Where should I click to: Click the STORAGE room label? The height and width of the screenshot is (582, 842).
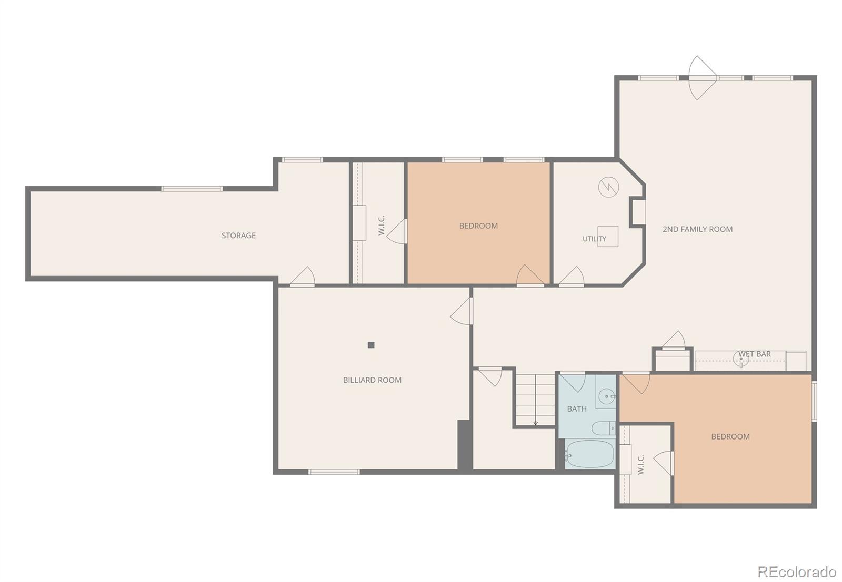coord(238,236)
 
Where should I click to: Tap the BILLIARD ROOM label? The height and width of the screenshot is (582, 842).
coord(372,380)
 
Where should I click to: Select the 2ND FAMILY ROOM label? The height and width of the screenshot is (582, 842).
coord(697,229)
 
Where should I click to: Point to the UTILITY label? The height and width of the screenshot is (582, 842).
coord(594,239)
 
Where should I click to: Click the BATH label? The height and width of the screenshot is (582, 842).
coord(577,409)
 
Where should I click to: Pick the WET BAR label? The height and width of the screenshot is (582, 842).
coord(755,354)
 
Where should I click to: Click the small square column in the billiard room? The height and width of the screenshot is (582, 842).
coord(371,345)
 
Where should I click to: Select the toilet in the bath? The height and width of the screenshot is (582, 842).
coord(603,428)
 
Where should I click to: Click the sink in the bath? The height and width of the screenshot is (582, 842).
coord(606,396)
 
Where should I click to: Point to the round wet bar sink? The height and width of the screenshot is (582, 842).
coord(741,359)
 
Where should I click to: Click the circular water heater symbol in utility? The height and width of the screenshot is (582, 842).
coord(608,187)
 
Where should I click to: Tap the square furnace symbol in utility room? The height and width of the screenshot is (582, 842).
coord(608,237)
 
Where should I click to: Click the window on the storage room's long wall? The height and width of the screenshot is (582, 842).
coord(192,189)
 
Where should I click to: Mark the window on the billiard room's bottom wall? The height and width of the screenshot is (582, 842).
coord(334,472)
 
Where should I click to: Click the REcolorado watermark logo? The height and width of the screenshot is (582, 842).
coord(797,572)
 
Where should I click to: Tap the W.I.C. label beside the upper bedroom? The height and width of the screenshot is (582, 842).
coord(381,226)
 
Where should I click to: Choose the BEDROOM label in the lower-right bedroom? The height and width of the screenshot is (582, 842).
coord(730,437)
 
